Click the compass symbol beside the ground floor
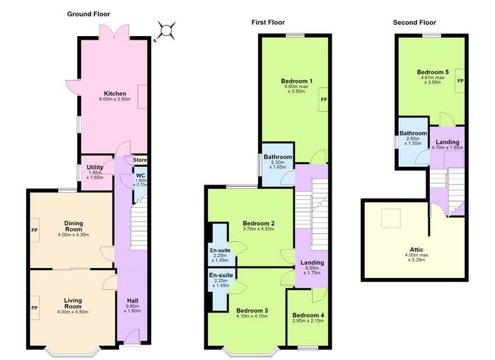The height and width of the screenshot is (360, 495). (165, 31)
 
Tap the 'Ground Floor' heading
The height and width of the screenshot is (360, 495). (88, 14)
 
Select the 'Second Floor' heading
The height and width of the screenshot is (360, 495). (414, 23)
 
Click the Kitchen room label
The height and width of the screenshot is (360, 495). (115, 93)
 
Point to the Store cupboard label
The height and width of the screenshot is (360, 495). (140, 160)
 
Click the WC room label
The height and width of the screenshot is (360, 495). (141, 175)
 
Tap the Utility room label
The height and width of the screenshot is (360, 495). (95, 168)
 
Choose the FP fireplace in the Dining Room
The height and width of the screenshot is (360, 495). (35, 230)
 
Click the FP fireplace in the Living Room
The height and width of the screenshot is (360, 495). (35, 308)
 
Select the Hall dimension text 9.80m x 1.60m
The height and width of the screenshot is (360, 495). (133, 308)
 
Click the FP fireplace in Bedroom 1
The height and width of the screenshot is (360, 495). (323, 100)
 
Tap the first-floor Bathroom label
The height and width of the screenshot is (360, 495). (278, 157)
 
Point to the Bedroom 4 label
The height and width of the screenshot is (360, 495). (308, 315)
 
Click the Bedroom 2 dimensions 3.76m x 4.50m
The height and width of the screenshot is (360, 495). (259, 228)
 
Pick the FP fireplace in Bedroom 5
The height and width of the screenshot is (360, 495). (460, 81)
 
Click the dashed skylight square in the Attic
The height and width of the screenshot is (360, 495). (391, 219)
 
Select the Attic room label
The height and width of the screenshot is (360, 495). (417, 250)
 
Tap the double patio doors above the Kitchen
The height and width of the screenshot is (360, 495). (115, 32)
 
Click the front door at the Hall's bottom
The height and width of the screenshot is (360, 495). (132, 337)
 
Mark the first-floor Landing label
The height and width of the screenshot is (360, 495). (312, 262)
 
